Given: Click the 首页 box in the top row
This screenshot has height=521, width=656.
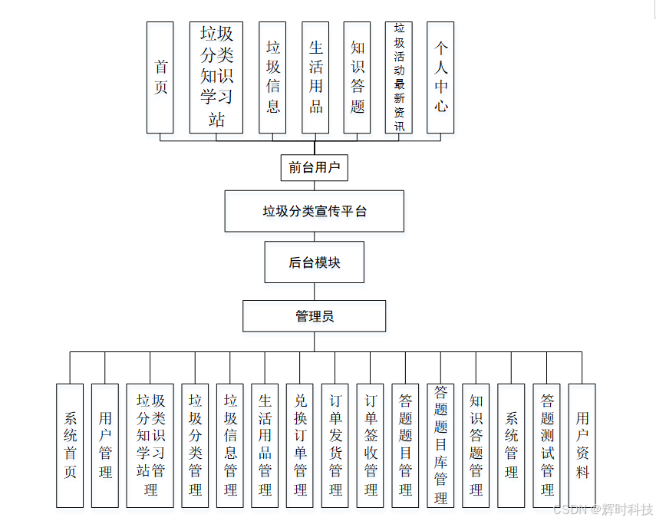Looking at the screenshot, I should [160, 77].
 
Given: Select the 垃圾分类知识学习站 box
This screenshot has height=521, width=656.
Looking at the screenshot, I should [216, 77].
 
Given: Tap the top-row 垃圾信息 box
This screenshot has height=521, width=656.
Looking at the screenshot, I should [273, 77].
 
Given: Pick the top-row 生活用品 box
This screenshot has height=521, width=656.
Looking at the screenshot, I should [315, 77].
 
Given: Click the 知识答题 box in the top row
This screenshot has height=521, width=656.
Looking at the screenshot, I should [358, 77].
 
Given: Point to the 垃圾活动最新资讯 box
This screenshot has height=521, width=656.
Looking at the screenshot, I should [399, 77].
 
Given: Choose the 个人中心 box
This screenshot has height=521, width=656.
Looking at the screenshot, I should [440, 77].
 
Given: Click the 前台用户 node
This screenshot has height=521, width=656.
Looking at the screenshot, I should [315, 167].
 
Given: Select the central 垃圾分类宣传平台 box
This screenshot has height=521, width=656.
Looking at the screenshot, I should [315, 211].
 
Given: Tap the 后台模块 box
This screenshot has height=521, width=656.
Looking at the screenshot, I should [315, 262].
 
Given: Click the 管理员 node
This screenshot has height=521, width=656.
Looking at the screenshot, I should [315, 315].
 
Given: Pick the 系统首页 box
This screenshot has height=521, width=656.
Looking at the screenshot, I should [70, 445].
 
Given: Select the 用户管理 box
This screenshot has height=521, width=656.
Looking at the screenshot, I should [105, 445].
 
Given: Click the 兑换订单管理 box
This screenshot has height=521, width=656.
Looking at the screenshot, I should [300, 445].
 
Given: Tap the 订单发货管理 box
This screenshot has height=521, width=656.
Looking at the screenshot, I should [335, 445].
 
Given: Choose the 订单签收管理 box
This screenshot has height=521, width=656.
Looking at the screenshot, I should [371, 445].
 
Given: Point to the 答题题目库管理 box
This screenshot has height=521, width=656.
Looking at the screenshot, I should [440, 445].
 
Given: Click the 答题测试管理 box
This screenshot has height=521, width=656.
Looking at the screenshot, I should [547, 445].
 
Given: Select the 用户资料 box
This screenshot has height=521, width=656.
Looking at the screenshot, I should [582, 445].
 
